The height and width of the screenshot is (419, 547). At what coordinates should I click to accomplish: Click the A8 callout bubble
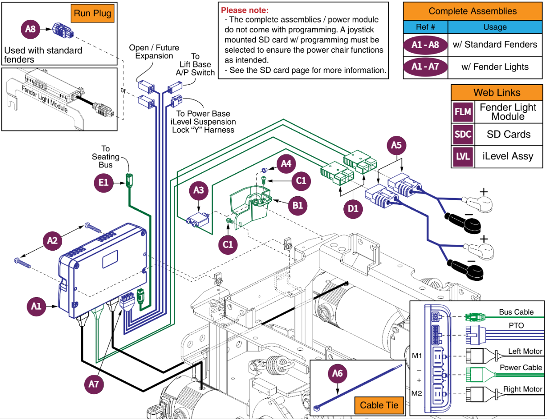30,30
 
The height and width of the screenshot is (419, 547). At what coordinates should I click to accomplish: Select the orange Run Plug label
92,14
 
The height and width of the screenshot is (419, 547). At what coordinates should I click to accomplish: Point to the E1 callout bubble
104,182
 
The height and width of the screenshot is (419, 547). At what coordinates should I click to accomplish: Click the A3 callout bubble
198,190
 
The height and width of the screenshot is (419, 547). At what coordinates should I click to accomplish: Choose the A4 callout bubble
286,164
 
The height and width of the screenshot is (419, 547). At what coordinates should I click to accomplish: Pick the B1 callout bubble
298,205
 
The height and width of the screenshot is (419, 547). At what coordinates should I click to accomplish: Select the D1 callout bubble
354,208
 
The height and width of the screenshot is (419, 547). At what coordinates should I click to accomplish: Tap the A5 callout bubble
396,145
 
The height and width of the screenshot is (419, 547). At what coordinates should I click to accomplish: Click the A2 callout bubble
52,241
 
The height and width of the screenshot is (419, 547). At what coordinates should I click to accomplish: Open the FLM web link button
463,112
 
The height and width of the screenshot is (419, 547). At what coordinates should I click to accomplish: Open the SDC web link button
463,135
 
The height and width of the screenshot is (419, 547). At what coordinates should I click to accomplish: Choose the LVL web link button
463,157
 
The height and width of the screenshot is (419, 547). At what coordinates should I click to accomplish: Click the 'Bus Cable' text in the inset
516,312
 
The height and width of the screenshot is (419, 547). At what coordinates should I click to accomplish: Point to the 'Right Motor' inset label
523,389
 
